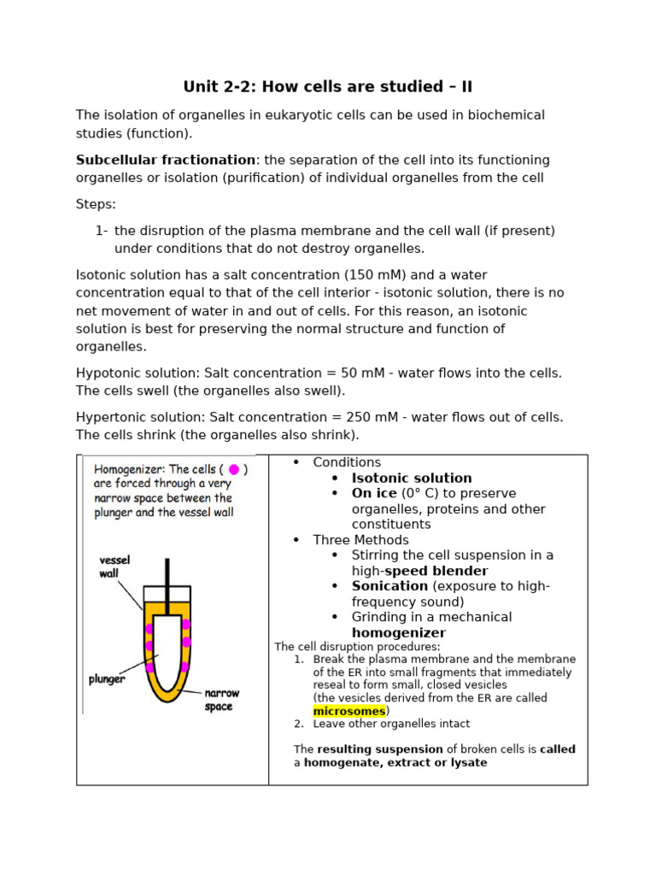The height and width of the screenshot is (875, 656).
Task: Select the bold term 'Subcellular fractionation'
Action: click(x=165, y=160)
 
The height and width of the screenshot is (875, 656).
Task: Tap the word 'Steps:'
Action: click(x=96, y=204)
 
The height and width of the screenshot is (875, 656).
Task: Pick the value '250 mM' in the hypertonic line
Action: click(x=360, y=417)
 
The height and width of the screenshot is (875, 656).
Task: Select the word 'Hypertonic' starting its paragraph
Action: click(x=110, y=417)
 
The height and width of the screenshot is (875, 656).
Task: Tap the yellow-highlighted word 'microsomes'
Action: click(x=348, y=711)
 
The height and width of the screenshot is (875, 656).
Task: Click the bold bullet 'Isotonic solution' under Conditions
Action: click(x=412, y=479)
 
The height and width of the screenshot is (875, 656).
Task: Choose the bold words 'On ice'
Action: click(x=374, y=494)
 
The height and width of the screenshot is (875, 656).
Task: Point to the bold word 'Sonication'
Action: click(x=389, y=586)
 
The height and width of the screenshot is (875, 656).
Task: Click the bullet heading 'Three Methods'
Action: click(x=360, y=540)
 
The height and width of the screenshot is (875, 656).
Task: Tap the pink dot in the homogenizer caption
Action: click(x=234, y=469)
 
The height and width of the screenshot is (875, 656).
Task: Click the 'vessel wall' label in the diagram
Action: click(x=114, y=567)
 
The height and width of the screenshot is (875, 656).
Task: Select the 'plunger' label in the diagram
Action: click(x=107, y=680)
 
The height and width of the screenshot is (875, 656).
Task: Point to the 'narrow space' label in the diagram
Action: click(x=220, y=700)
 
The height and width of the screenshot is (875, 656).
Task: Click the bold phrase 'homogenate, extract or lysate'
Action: click(x=395, y=763)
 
